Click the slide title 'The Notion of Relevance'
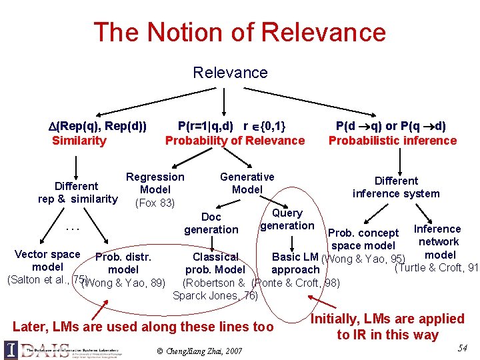coord(239,32)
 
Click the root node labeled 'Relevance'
coord(230,72)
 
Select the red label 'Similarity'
coord(79,140)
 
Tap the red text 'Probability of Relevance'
coord(235,140)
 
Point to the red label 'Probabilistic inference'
coord(393,140)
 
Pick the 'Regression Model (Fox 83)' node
coord(155,189)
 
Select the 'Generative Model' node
coord(247,183)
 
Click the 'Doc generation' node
coord(211,223)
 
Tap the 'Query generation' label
coord(287,219)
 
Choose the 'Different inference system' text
coord(396,187)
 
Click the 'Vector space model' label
coord(47,261)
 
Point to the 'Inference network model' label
coord(438,241)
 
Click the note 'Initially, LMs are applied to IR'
coord(387,327)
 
